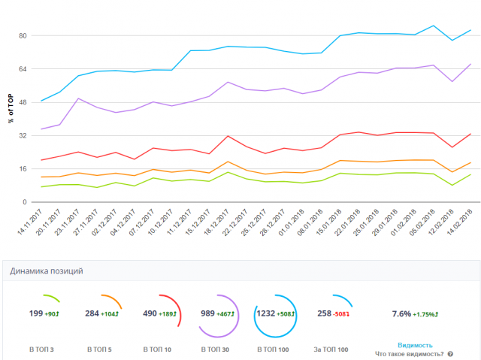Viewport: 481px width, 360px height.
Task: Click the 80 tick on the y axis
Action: point(23,36)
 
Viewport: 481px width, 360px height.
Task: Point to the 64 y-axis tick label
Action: point(23,69)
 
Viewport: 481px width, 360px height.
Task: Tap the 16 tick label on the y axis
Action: point(23,169)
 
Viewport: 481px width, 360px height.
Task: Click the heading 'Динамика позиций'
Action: point(47,271)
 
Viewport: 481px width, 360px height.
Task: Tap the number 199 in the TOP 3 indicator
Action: point(36,313)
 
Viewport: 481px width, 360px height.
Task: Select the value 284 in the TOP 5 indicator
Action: point(92,313)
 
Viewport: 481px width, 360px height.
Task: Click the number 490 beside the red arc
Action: point(150,313)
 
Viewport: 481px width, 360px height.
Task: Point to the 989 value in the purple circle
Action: point(208,313)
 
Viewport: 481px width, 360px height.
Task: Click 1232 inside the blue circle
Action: point(266,313)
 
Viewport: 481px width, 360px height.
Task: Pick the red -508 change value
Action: point(342,313)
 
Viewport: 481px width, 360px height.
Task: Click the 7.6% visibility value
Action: point(402,313)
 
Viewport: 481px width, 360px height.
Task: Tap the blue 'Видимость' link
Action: point(415,345)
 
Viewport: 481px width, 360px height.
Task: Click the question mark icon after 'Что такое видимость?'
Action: point(450,353)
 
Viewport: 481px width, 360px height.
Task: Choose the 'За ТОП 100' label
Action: point(331,349)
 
